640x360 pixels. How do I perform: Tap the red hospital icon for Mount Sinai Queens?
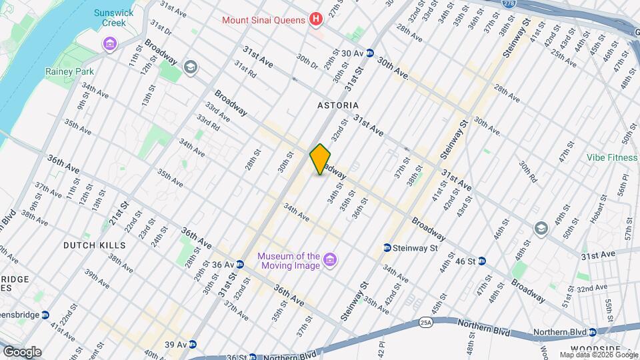(x=317, y=19)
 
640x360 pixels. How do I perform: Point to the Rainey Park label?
(x=69, y=71)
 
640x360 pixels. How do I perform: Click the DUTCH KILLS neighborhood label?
(x=94, y=245)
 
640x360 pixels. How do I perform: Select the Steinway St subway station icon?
(x=387, y=248)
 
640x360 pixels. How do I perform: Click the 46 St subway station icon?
(x=481, y=261)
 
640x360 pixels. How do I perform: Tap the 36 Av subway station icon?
(x=239, y=264)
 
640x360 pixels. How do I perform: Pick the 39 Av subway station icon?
(x=193, y=344)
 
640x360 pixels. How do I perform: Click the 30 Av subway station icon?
(x=369, y=53)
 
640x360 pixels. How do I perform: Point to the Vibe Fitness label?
(x=611, y=158)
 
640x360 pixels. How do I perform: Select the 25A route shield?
(x=426, y=323)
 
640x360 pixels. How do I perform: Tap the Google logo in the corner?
(x=22, y=351)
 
